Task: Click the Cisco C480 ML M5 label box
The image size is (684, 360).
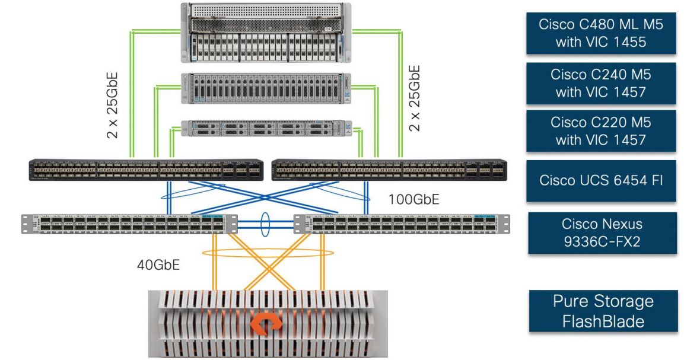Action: [600, 33]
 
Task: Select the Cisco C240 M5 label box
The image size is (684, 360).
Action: [600, 84]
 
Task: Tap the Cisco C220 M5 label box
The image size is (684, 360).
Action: [600, 130]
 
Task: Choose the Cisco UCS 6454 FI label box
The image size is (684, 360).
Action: [600, 180]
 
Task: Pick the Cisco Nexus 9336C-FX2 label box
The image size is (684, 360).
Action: [602, 232]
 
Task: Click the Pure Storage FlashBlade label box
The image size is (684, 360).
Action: [603, 311]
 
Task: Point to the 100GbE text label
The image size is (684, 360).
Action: [413, 199]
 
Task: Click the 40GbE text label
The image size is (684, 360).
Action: [158, 264]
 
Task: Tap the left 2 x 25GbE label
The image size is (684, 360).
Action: [112, 105]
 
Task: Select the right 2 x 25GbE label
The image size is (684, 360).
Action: [415, 98]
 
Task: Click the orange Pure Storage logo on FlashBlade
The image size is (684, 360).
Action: [268, 324]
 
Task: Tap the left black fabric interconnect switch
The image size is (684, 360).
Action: [147, 170]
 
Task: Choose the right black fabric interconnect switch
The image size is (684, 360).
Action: [389, 170]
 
